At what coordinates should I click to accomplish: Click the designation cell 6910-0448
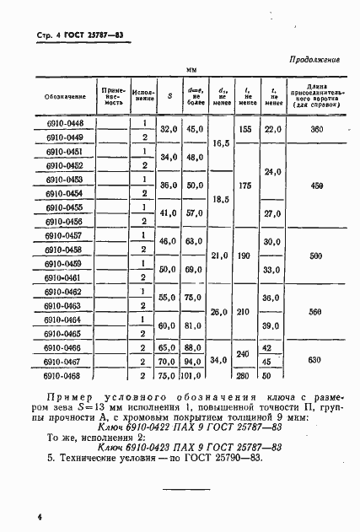point(64,122)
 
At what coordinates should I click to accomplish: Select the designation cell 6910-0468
point(64,376)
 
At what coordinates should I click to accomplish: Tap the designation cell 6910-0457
point(64,235)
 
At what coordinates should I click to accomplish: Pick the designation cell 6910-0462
point(64,292)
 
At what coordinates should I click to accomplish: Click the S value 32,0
point(169,129)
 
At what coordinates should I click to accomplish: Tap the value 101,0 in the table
point(196,376)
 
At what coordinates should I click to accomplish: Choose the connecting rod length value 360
point(317,129)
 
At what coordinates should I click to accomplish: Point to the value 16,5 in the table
point(223,144)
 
